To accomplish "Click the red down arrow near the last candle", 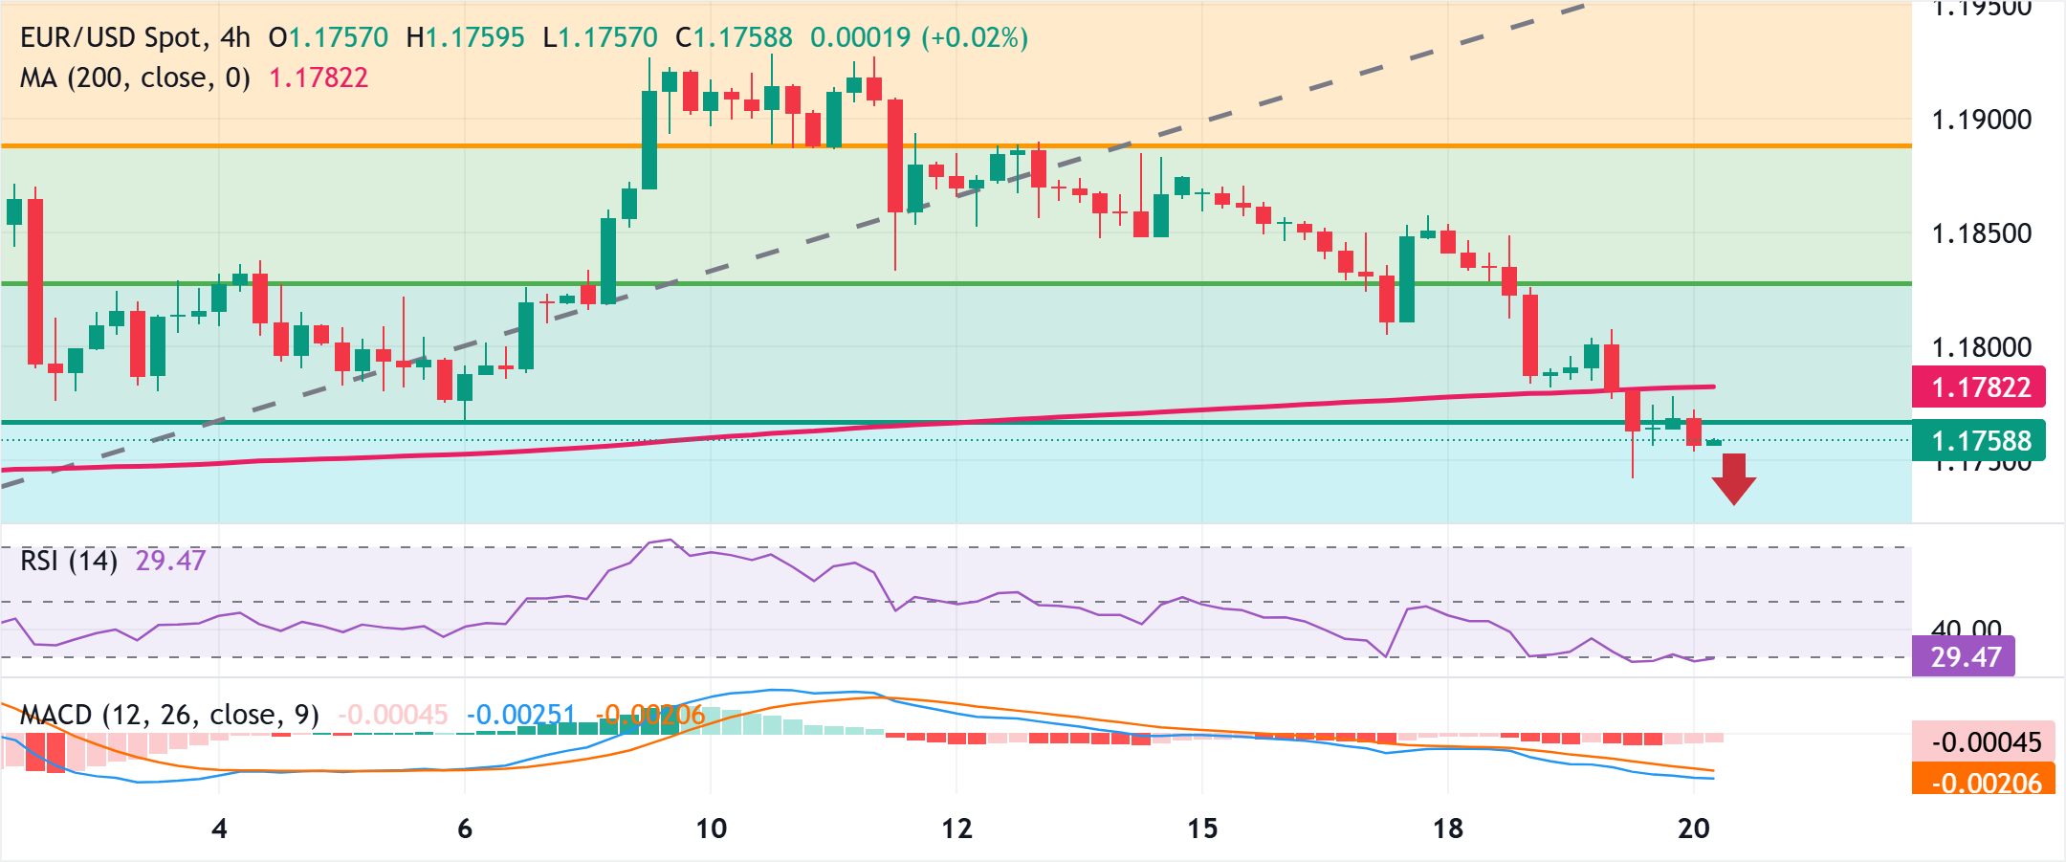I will point(1733,478).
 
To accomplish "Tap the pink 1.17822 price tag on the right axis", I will point(1978,387).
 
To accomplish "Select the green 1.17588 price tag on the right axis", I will point(1978,441).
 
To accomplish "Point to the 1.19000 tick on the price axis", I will point(1981,120).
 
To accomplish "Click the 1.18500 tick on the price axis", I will point(1981,233).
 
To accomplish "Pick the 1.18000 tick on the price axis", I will point(1981,347).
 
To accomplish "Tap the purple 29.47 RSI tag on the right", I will point(1964,657).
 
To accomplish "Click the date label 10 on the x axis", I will point(711,829).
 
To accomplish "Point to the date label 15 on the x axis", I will point(1202,829).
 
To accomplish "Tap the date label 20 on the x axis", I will point(1693,829).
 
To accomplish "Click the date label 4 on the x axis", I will point(219,829).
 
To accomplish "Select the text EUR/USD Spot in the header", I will point(112,37).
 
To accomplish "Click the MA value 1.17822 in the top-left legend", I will point(319,77).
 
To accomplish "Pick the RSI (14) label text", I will point(69,561).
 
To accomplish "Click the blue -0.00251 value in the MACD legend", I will point(521,715).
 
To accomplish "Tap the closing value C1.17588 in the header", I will point(734,37).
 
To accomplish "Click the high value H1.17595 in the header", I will point(465,37).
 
